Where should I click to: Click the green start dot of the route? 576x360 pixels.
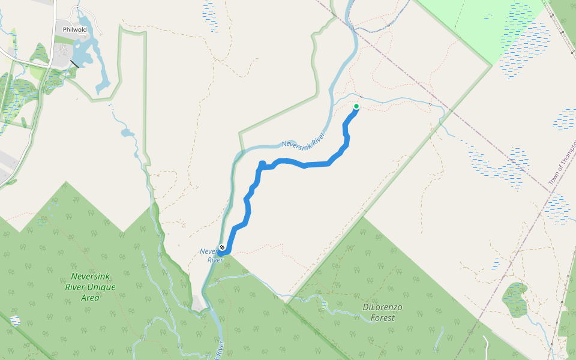tap(356, 106)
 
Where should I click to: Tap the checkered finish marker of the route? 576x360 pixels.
tap(222, 247)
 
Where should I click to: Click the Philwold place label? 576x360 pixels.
tap(75, 29)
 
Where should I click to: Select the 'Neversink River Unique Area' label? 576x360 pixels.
tap(90, 287)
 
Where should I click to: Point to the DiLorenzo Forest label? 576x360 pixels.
tap(382, 312)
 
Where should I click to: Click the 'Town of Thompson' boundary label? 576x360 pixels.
tap(562, 164)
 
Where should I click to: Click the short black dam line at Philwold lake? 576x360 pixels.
tap(74, 64)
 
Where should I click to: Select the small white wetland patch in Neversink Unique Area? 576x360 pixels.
tap(14, 320)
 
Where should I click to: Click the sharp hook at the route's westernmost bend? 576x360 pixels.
tap(262, 164)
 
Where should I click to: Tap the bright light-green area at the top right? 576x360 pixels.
tap(474, 24)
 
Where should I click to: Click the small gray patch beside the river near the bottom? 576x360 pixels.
tap(199, 304)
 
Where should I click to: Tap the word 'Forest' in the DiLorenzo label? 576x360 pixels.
tap(382, 317)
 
